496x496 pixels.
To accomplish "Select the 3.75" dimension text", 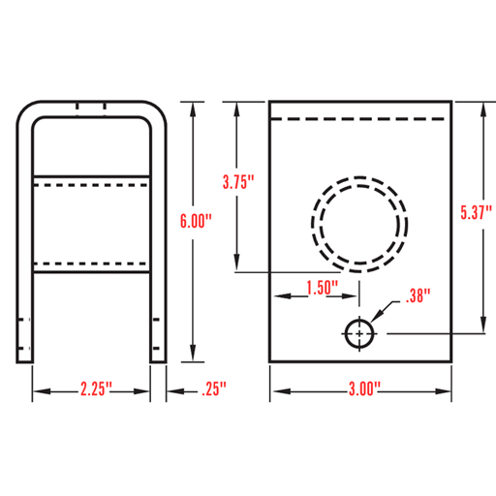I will tap(237, 181).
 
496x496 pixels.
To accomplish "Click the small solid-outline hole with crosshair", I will tap(360, 332).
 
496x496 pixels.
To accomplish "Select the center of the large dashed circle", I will tap(356, 222).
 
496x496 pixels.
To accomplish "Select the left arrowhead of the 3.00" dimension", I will tap(275, 392).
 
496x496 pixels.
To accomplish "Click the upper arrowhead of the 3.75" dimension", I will tap(237, 107).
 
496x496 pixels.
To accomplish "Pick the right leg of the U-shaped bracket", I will tap(158, 242).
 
